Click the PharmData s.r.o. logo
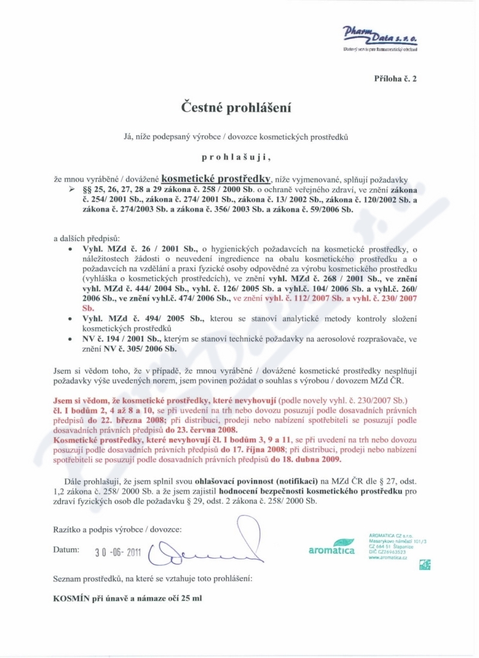380,37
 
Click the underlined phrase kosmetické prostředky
217,178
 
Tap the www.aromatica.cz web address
387,557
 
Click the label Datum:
66,549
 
